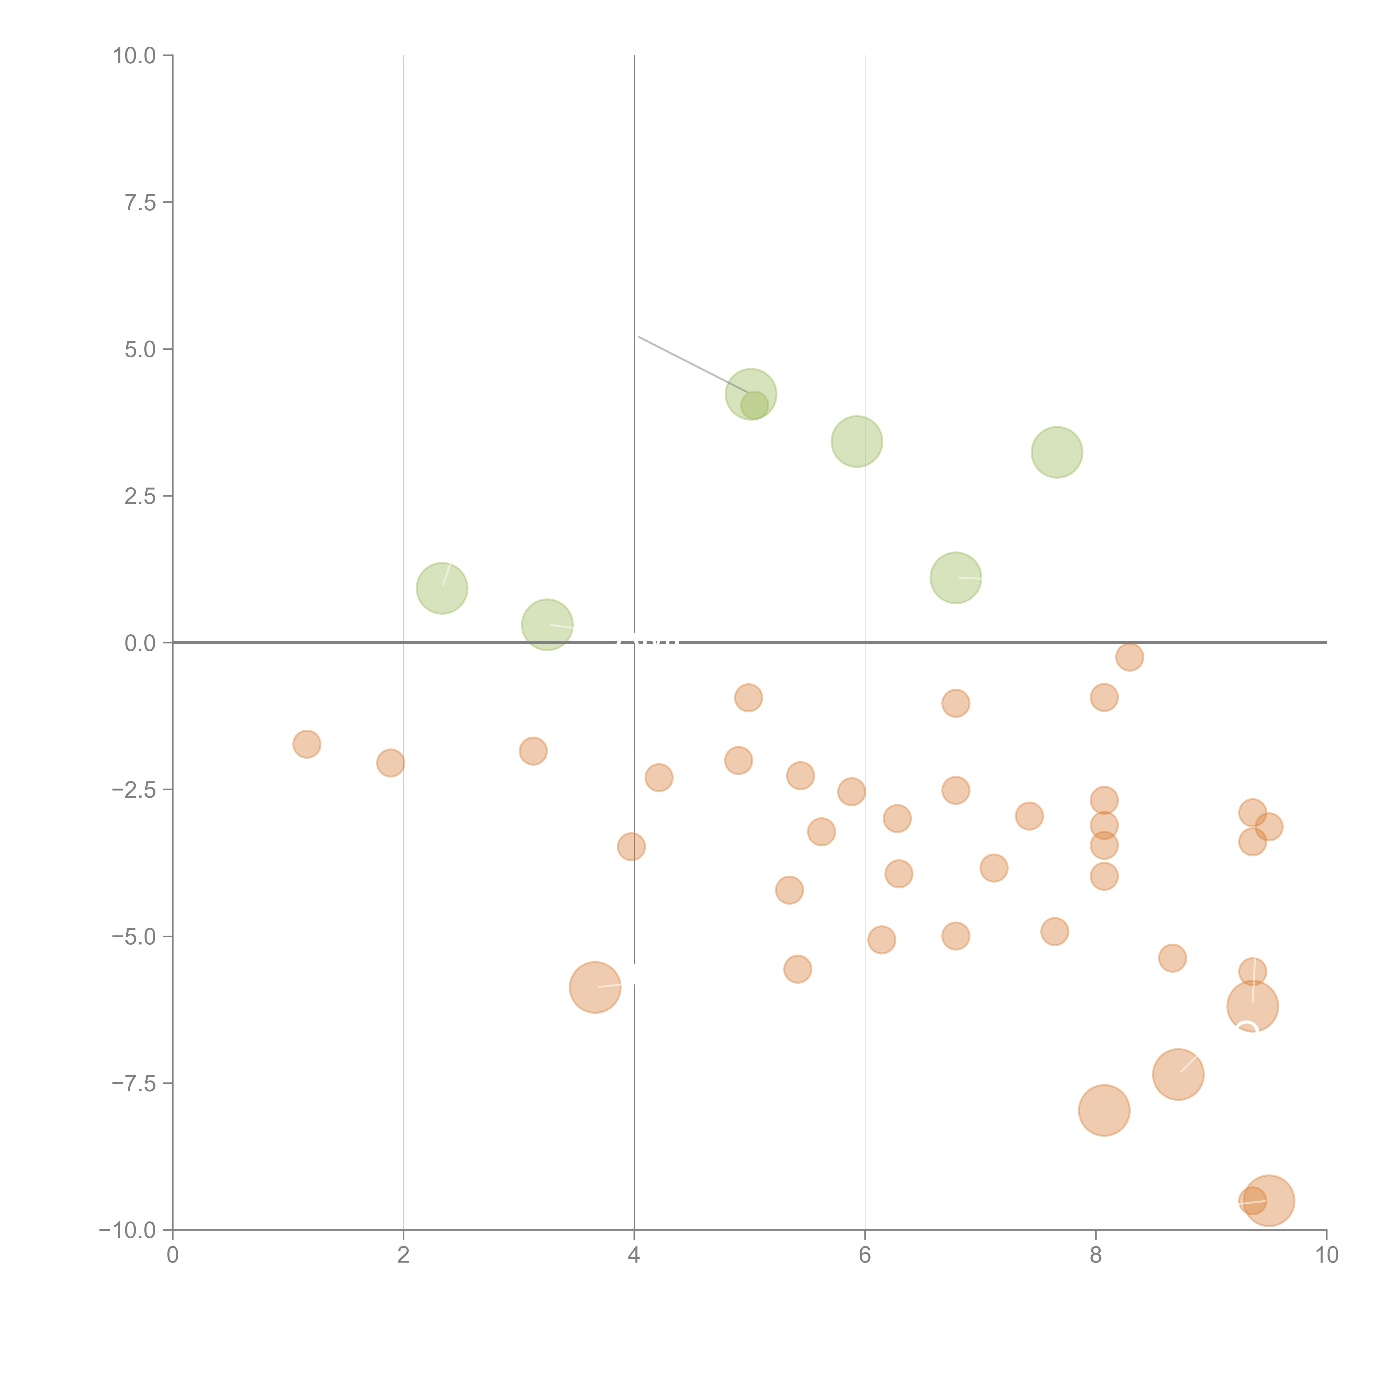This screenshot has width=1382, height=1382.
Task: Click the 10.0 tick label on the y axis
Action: tap(135, 56)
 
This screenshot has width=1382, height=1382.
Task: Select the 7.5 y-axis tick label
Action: tap(140, 203)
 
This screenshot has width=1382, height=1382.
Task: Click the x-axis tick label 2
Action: tap(404, 1255)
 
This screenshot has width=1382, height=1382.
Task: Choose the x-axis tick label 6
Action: tap(865, 1255)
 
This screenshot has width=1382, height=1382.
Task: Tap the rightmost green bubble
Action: tap(1056, 452)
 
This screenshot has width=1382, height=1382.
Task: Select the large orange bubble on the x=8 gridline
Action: tap(1104, 1110)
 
